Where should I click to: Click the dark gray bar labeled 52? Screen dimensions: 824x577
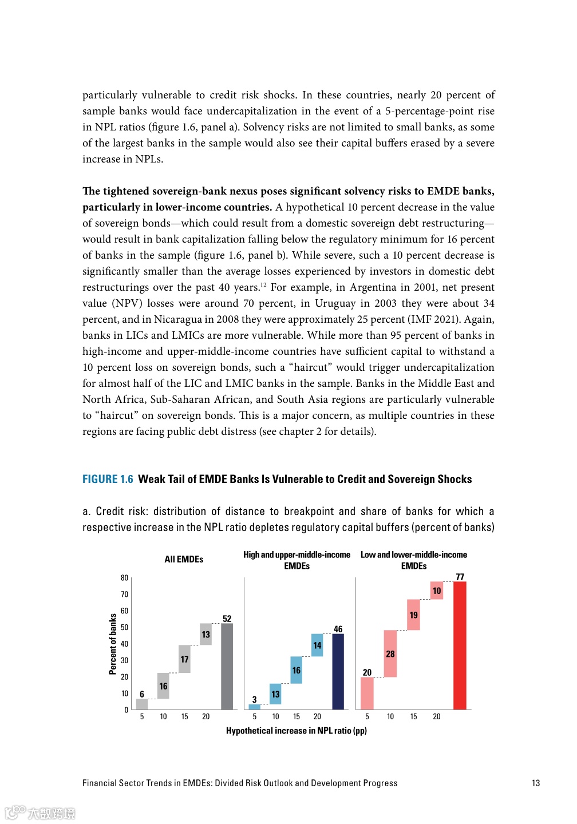pos(227,666)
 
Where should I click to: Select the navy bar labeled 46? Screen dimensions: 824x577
pos(338,671)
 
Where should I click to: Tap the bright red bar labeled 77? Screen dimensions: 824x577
pos(460,645)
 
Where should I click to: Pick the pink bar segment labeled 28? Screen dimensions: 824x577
pos(390,653)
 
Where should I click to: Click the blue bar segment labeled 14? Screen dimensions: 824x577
pos(317,645)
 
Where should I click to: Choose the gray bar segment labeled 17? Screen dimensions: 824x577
pos(184,659)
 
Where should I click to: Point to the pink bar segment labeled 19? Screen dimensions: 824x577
pos(413,615)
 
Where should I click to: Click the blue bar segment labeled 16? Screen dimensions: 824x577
pos(296,670)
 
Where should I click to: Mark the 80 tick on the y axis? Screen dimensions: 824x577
pos(124,578)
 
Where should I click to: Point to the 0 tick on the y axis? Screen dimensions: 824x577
pos(127,710)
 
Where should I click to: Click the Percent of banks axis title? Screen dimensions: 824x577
pos(113,644)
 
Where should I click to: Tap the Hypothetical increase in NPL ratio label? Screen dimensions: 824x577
pos(296,731)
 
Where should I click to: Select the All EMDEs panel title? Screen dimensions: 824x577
pos(184,559)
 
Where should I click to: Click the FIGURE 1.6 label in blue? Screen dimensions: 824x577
pos(108,479)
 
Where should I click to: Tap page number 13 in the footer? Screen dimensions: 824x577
pos(536,783)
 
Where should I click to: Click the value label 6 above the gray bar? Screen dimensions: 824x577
pos(142,694)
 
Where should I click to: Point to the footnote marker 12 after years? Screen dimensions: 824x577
pos(263,284)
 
